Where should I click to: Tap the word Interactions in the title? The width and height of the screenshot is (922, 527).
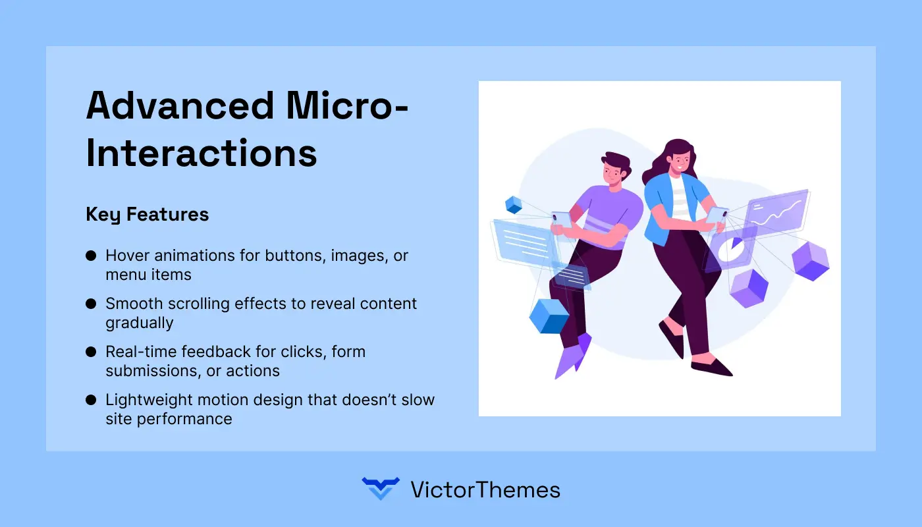(202, 153)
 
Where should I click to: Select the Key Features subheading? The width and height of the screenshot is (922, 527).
(148, 214)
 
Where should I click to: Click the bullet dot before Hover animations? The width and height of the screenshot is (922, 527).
(91, 256)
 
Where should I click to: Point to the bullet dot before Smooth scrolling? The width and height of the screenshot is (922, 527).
(91, 304)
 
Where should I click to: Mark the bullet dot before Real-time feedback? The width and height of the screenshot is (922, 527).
(91, 352)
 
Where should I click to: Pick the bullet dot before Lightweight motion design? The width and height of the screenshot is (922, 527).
(91, 401)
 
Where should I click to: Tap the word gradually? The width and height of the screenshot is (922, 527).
(140, 323)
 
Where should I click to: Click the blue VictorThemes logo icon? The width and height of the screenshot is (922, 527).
(380, 489)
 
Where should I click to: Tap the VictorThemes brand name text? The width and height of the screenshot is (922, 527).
(485, 489)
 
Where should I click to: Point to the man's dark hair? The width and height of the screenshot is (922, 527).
(615, 162)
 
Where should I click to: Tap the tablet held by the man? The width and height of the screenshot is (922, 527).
(562, 219)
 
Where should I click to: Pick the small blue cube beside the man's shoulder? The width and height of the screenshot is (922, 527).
(513, 204)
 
